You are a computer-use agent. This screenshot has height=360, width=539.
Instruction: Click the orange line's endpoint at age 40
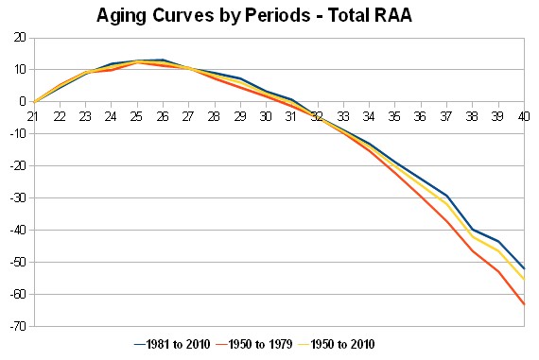pyautogui.click(x=524, y=304)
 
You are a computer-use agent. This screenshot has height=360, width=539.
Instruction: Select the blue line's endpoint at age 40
pyautogui.click(x=524, y=268)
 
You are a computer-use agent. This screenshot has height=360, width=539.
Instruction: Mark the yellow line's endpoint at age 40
pyautogui.click(x=524, y=280)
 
